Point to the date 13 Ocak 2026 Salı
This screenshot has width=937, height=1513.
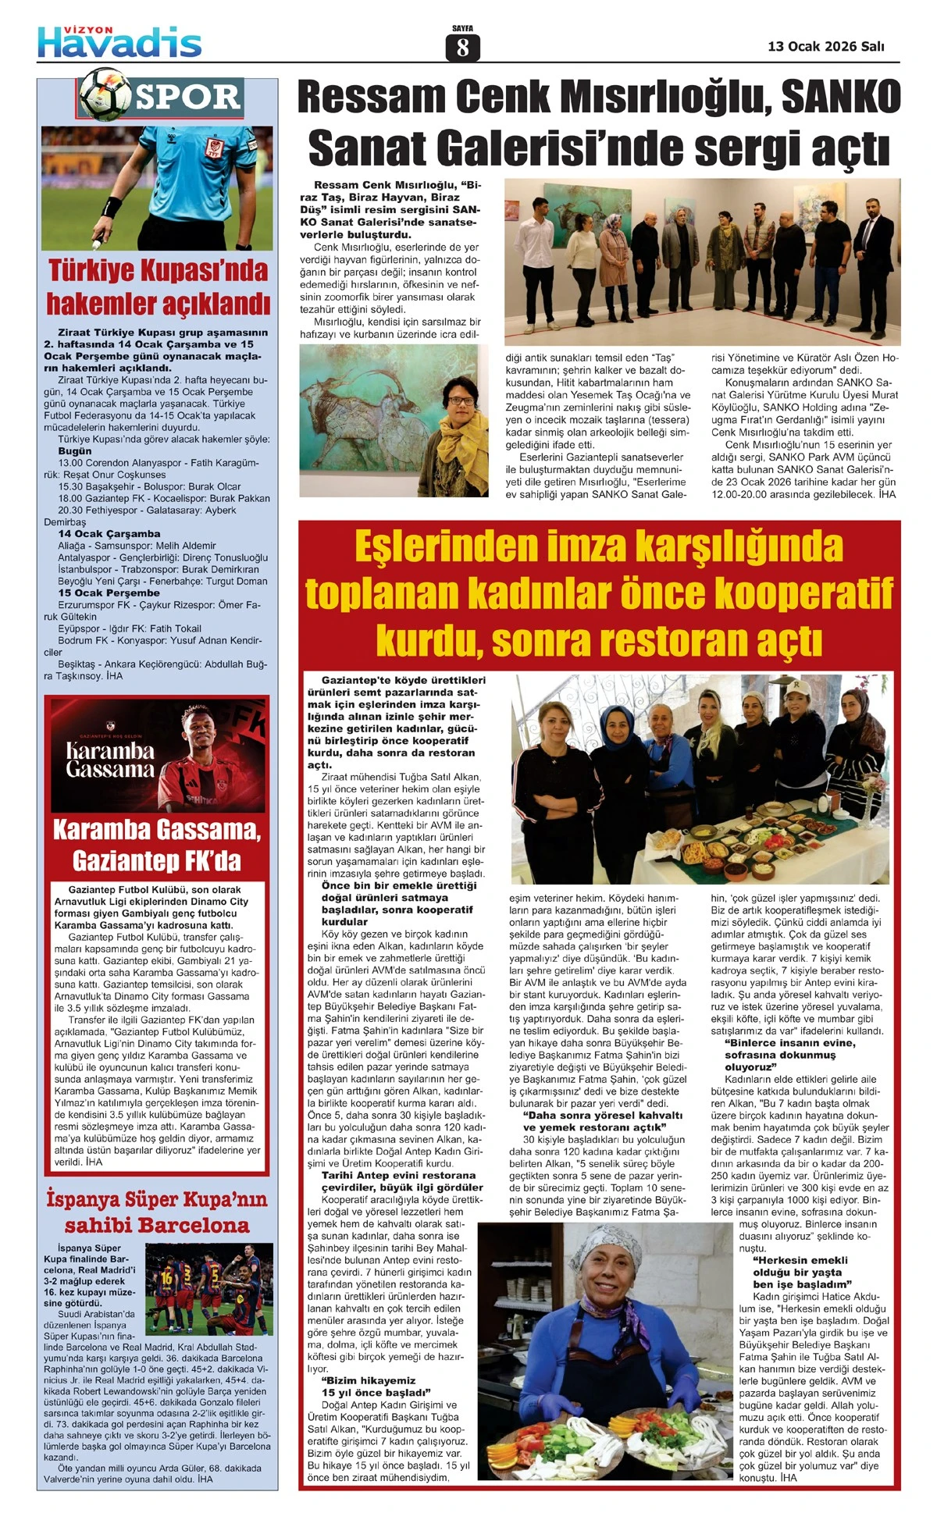coord(826,47)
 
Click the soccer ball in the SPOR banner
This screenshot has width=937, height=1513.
coord(105,92)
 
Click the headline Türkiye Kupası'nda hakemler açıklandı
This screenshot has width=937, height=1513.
coord(159,287)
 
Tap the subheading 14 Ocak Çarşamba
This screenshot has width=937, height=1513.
coord(98,533)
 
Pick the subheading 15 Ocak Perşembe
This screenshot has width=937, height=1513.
coord(98,593)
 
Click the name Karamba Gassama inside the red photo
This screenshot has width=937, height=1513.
coord(110,760)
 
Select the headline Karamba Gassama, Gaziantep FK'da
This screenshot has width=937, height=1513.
coord(157,845)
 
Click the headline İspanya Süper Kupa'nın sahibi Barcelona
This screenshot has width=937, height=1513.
coord(157,1212)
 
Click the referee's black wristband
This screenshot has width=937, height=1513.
coord(111,207)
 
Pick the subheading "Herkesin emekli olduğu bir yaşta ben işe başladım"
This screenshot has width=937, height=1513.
coord(800,1272)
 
